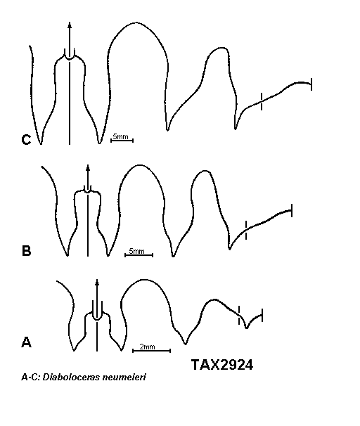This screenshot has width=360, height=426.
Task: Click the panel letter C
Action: point(26,140)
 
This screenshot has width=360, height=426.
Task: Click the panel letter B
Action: point(26,251)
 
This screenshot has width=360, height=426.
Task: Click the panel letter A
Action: point(26,342)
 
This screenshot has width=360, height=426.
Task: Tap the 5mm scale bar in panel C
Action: point(122,140)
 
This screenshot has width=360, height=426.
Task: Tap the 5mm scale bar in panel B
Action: point(139,255)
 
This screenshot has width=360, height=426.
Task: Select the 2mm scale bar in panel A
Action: point(151,351)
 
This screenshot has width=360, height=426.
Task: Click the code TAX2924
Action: point(222,365)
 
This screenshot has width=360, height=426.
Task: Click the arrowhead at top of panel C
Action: point(70,25)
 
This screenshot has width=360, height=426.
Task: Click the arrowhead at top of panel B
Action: point(88,167)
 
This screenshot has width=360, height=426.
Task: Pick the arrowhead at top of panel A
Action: point(97,282)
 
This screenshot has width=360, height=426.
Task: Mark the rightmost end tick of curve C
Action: point(311,84)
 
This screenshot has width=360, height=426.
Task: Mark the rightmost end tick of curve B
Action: point(292,211)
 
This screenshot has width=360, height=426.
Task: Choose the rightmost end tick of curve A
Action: point(262,315)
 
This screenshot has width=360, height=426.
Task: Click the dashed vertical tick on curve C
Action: point(262,101)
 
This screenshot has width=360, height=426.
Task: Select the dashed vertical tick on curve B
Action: point(246,230)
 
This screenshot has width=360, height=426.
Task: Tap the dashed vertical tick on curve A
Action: point(239,315)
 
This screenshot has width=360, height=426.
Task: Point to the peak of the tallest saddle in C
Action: point(136,22)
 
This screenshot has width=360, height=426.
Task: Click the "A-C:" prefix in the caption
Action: point(31,377)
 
